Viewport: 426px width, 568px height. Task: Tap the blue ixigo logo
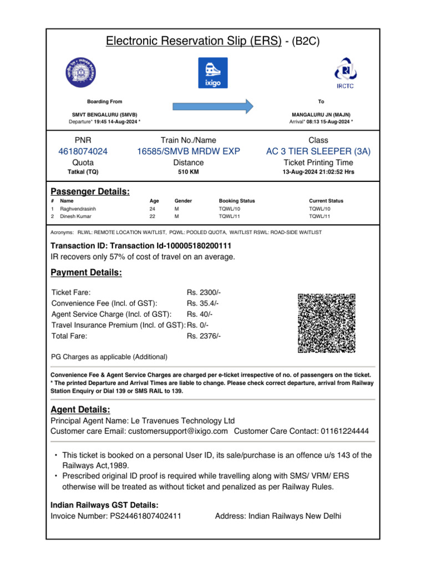pyautogui.click(x=213, y=73)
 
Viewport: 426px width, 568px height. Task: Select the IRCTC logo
pyautogui.click(x=344, y=72)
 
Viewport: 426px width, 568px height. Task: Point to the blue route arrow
pyautogui.click(x=213, y=105)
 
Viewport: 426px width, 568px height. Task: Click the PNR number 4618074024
pyautogui.click(x=83, y=151)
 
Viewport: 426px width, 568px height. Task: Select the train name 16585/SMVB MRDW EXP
pyautogui.click(x=189, y=151)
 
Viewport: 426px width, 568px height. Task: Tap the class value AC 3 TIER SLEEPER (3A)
pyautogui.click(x=318, y=151)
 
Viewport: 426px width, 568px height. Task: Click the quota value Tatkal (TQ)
pyautogui.click(x=83, y=172)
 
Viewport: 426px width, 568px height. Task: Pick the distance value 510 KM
pyautogui.click(x=189, y=172)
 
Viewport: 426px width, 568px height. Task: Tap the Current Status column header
pyautogui.click(x=326, y=201)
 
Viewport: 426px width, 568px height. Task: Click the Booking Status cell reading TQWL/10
pyautogui.click(x=230, y=209)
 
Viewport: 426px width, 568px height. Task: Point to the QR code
pyautogui.click(x=326, y=323)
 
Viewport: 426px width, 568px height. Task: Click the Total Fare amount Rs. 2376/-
pyautogui.click(x=204, y=336)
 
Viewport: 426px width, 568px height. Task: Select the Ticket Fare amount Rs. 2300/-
pyautogui.click(x=204, y=292)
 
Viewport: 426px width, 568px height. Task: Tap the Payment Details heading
pyautogui.click(x=86, y=273)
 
